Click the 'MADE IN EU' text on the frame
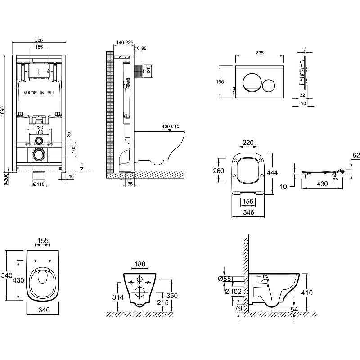(x=39, y=93)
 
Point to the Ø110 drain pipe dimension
(x=40, y=184)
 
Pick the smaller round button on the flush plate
(x=269, y=84)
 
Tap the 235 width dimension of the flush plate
(x=259, y=53)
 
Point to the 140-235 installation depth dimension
(x=124, y=42)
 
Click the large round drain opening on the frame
(x=40, y=156)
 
